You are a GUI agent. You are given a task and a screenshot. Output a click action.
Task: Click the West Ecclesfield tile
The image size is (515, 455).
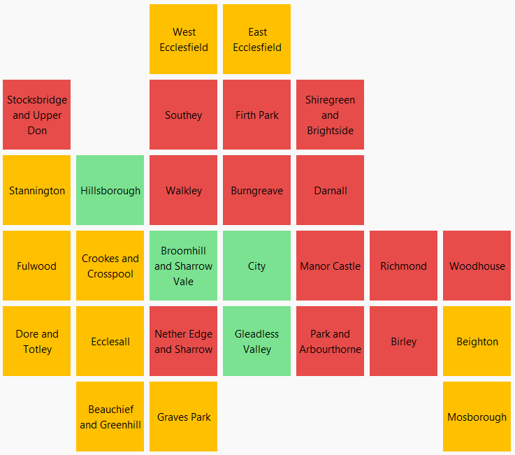pos(183,39)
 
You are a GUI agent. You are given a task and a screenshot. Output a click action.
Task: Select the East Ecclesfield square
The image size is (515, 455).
pos(256,39)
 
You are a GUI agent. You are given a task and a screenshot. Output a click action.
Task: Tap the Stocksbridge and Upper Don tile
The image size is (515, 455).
pos(36,115)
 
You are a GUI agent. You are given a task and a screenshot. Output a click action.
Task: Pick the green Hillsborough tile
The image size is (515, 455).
pos(110,190)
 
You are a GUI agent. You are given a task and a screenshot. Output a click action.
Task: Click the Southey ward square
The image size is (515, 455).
pos(183,115)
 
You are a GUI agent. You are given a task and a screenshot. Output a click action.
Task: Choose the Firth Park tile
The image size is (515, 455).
pos(256,115)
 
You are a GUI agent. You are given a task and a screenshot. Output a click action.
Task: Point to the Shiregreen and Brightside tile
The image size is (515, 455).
pos(330,115)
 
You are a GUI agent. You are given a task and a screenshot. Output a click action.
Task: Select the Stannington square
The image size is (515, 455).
pos(36,190)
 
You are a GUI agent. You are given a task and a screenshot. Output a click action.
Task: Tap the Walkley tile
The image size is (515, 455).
pos(183,190)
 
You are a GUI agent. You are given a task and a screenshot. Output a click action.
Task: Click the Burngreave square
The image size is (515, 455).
pos(256,190)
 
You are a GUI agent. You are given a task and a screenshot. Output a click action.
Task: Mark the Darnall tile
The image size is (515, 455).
pos(330,190)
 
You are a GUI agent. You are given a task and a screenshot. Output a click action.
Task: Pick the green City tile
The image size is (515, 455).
pos(256,266)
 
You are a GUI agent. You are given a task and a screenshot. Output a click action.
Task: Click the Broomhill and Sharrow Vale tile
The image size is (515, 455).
pos(183,266)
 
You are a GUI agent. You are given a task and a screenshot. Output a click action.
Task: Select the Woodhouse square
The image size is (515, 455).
pos(477,266)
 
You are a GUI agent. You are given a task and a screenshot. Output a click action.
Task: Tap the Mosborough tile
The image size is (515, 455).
pos(477,417)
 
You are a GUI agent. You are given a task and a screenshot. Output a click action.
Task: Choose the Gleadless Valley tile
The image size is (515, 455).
pos(256,341)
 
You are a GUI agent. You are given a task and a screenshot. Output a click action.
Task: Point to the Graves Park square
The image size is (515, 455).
pos(183,417)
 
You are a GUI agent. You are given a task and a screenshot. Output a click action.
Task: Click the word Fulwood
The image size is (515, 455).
pos(36,266)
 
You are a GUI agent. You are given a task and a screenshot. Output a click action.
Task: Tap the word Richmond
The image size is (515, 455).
pos(403,266)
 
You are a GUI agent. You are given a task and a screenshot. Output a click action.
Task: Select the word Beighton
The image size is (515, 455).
pos(477,342)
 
